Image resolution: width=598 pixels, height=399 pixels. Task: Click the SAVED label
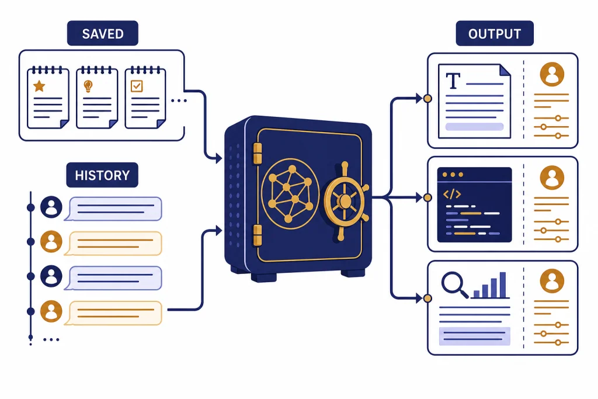[103, 33]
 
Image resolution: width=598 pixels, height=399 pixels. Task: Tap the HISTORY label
[102, 175]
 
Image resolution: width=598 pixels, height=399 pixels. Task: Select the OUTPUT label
[495, 33]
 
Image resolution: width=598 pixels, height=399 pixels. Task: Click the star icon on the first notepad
[39, 86]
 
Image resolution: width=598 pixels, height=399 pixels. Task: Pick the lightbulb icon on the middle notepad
[88, 86]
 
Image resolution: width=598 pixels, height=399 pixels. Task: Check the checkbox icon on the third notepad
[137, 86]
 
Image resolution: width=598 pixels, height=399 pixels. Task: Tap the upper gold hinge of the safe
[258, 153]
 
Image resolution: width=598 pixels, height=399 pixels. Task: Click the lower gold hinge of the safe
[258, 235]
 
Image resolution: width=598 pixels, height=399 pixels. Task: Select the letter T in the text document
[453, 81]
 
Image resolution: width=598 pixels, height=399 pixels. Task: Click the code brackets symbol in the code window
[452, 194]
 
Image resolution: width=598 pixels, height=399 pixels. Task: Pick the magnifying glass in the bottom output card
[454, 284]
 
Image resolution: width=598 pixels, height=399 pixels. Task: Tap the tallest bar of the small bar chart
[503, 284]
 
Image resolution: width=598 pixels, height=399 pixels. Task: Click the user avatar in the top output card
[552, 74]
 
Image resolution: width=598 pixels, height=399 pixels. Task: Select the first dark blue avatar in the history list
[51, 207]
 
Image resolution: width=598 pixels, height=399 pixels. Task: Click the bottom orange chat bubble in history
[113, 313]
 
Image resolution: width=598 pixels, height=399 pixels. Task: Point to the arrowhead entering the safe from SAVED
[218, 158]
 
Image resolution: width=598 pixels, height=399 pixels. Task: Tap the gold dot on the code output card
[427, 197]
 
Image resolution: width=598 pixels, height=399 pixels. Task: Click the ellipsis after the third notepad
[179, 100]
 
